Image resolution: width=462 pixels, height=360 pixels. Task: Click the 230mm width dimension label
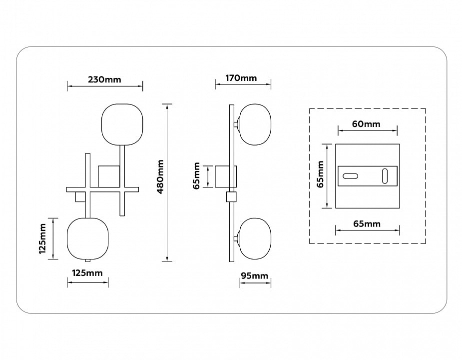tap(104, 79)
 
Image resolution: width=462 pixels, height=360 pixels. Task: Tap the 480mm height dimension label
tap(160, 176)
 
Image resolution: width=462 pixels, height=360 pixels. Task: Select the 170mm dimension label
tap(241, 78)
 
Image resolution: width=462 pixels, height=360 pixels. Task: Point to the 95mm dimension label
tap(255, 275)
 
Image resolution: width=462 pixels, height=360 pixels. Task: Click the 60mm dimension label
tap(366, 123)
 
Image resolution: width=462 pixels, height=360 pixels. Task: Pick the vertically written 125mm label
tap(42, 238)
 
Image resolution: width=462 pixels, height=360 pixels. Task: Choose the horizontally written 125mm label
tap(87, 273)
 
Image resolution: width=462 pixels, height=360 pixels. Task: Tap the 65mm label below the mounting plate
tap(367, 223)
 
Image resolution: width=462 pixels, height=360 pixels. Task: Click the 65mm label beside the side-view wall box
tap(197, 175)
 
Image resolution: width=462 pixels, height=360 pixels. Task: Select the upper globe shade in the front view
tap(122, 124)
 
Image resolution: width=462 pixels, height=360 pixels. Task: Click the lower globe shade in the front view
tap(88, 238)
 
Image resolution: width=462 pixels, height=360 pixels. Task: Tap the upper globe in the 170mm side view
tap(255, 124)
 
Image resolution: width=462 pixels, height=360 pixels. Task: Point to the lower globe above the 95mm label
tap(255, 238)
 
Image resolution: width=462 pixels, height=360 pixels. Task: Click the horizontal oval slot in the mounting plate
tap(350, 176)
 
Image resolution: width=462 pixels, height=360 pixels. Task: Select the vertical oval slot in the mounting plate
tap(385, 176)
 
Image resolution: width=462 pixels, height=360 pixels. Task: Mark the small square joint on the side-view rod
tap(232, 197)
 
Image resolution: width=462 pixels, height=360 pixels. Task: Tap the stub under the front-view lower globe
tap(87, 260)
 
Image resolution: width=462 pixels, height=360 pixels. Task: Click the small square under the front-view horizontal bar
tap(80, 197)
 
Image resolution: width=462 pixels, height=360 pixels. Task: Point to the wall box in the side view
tap(226, 176)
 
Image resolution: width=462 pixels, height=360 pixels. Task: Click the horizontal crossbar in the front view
tap(102, 189)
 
